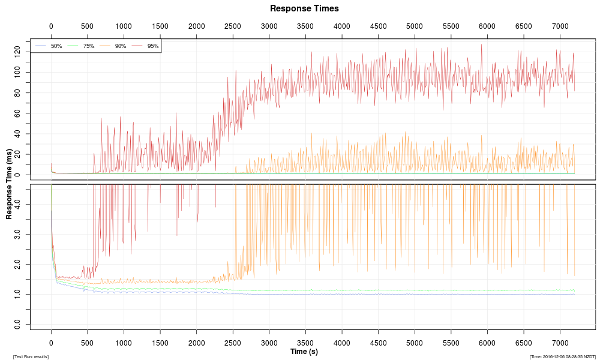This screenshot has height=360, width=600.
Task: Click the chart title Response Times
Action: (304, 8)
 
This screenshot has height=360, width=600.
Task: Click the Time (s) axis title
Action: (304, 352)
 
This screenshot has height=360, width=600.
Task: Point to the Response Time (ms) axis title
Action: (9, 184)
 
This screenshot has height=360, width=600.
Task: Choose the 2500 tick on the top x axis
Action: (233, 26)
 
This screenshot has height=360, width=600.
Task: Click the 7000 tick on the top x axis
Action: (560, 26)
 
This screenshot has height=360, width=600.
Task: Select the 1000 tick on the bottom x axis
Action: (124, 341)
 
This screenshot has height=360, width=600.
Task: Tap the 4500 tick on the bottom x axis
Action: (378, 341)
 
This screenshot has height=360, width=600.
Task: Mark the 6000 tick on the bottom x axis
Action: (487, 341)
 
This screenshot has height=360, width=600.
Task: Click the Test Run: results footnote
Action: (31, 357)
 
